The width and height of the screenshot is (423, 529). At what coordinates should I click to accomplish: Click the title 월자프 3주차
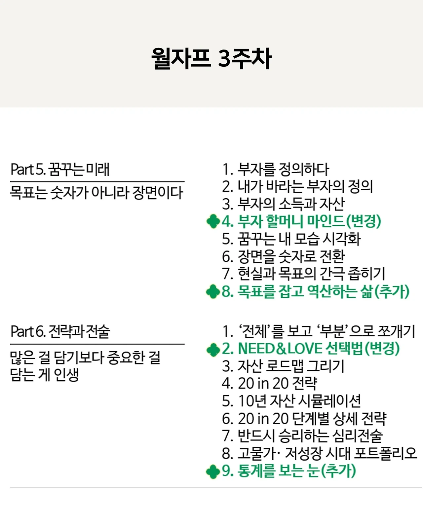(211, 58)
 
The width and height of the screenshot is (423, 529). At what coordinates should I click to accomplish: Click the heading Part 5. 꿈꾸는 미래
(60, 170)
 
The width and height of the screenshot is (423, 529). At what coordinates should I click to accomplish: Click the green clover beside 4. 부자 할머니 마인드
(213, 221)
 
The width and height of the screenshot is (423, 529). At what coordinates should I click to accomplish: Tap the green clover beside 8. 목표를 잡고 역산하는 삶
(213, 291)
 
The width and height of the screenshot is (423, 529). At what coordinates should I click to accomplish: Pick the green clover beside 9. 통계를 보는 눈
(213, 472)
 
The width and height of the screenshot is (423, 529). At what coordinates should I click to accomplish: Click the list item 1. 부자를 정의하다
(276, 170)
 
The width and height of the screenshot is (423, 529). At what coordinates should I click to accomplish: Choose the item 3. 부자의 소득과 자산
(283, 204)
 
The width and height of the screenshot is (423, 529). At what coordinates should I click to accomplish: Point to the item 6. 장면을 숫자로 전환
(283, 256)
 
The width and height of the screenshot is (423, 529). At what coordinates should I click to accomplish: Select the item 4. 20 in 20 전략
(269, 384)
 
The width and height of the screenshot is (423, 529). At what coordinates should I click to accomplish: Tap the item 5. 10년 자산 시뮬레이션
(291, 401)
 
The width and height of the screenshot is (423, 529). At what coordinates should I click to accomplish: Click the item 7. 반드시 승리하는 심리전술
(302, 436)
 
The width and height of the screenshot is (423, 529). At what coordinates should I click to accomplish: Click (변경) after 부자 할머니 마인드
(364, 221)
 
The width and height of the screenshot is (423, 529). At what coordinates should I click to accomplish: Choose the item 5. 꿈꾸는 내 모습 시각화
(291, 239)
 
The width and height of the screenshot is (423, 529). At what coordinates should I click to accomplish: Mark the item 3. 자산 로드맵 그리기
(283, 366)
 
